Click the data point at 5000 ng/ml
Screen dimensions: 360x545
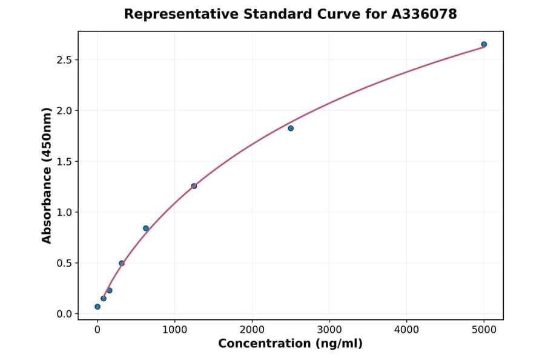point(484,44)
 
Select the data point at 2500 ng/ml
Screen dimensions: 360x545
point(291,128)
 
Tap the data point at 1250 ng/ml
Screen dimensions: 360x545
point(194,186)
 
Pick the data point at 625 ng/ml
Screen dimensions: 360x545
point(146,228)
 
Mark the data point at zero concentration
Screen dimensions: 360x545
point(97,307)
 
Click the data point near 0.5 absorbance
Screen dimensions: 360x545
point(122,263)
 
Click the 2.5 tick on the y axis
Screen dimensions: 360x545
point(65,60)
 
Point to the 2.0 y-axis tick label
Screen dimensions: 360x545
point(65,111)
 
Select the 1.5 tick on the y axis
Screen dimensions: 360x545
point(65,162)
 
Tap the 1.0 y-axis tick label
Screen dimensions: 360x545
point(65,213)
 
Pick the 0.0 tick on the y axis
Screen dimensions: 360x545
point(65,314)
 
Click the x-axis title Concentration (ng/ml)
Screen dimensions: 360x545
point(290,344)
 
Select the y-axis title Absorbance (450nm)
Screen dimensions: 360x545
point(47,176)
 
